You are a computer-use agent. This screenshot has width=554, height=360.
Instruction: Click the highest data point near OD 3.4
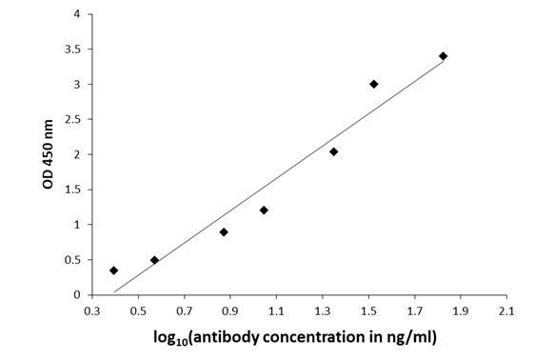pyautogui.click(x=443, y=56)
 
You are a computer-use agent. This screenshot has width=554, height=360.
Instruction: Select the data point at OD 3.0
pyautogui.click(x=374, y=84)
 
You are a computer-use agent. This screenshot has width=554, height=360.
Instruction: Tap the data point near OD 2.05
pyautogui.click(x=333, y=151)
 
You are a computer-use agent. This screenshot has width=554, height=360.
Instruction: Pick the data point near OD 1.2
pyautogui.click(x=264, y=210)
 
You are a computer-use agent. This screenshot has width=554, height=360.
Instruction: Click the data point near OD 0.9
pyautogui.click(x=224, y=231)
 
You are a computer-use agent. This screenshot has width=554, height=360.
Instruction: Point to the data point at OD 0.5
pyautogui.click(x=154, y=259)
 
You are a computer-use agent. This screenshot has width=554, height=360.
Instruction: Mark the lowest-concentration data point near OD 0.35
pyautogui.click(x=114, y=270)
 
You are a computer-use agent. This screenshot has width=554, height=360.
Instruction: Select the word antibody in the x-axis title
pyautogui.click(x=245, y=336)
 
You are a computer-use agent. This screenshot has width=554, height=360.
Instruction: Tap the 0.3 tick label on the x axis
pyautogui.click(x=92, y=310)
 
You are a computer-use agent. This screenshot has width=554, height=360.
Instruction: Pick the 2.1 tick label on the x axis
pyautogui.click(x=506, y=310)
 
